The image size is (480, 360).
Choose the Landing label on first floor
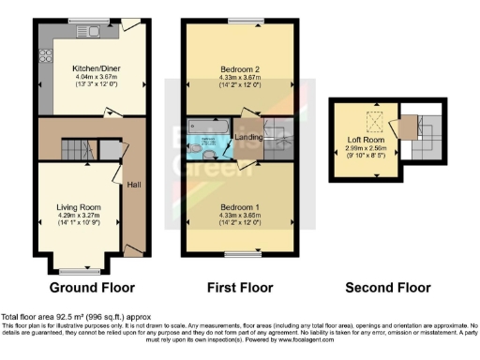pyautogui.click(x=247, y=138)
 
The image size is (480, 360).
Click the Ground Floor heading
pyautogui.click(x=92, y=287)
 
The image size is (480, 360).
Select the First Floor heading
pyautogui.click(x=240, y=287)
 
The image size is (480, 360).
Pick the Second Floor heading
pyautogui.click(x=387, y=287)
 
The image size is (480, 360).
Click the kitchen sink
pyautogui.click(x=96, y=30)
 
